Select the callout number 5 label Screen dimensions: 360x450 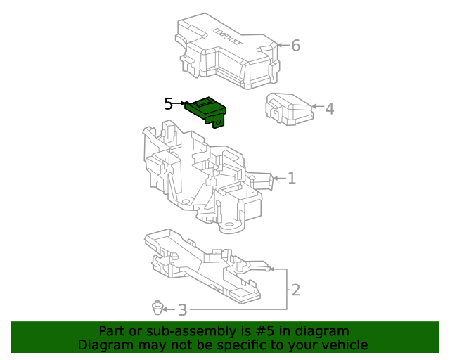point(168,104)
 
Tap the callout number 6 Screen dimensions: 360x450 point(295,46)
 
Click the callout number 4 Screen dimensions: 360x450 point(329,108)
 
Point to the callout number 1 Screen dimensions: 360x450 point(291,179)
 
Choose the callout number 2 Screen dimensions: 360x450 point(295,290)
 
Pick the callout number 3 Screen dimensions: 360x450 point(182,309)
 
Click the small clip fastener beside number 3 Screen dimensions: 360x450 point(157,307)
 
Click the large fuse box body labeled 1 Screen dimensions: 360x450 point(204,176)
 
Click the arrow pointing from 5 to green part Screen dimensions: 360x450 point(180,104)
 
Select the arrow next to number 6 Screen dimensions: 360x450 point(282,46)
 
